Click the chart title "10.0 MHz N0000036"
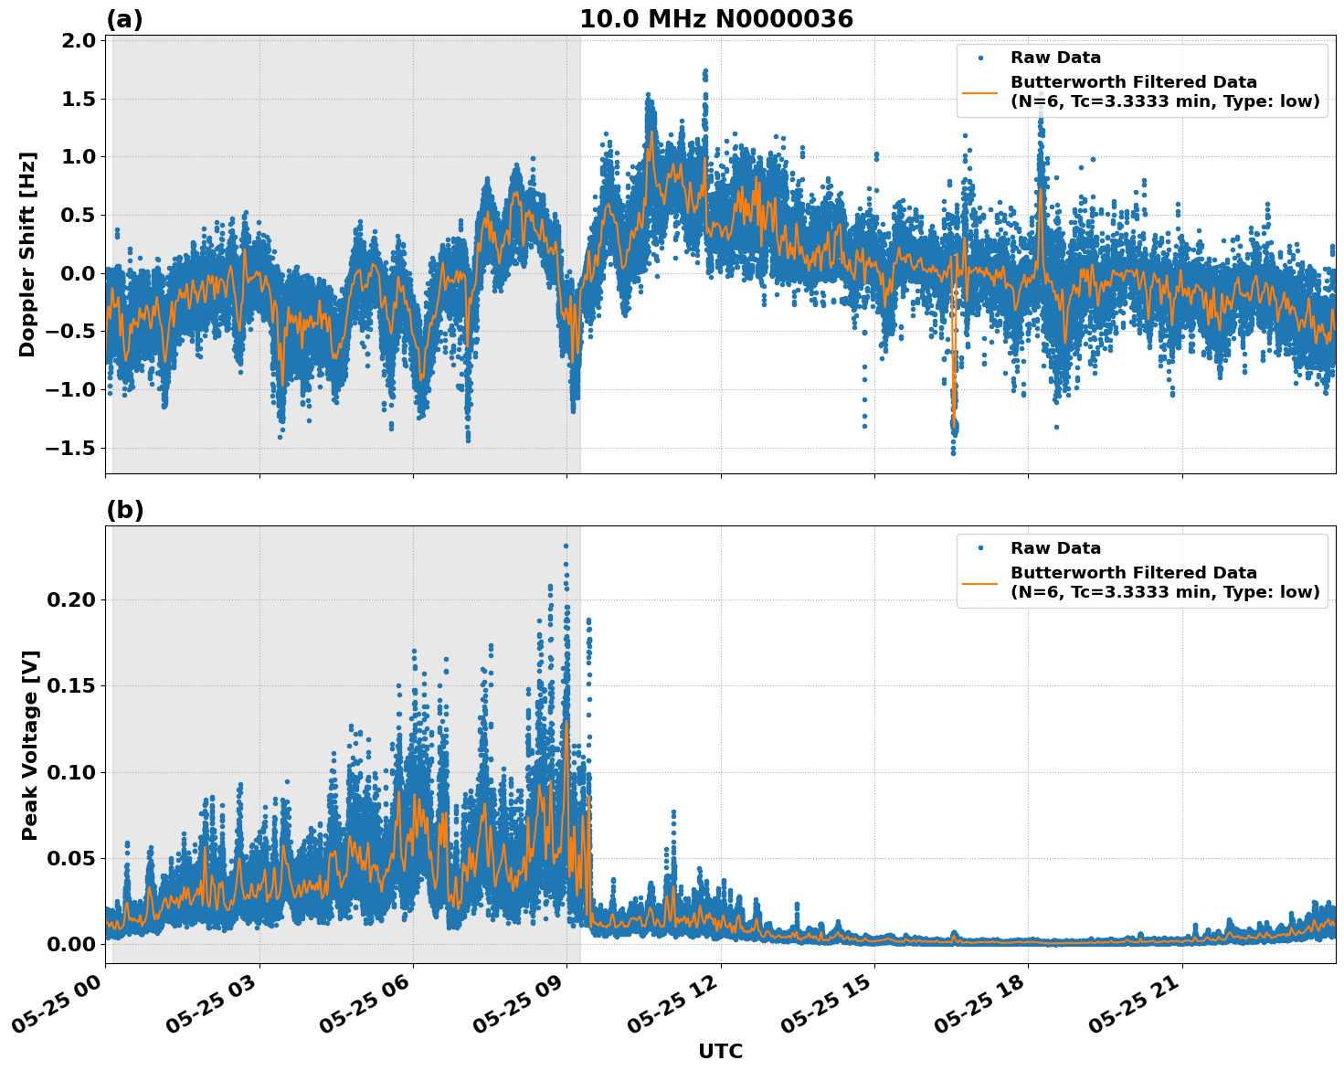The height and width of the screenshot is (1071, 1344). click(x=715, y=19)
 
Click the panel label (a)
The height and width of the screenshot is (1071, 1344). click(x=124, y=19)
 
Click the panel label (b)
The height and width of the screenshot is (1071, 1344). click(x=124, y=510)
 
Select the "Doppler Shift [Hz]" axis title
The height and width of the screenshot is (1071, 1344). click(x=27, y=254)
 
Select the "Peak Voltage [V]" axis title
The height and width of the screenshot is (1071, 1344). click(x=30, y=745)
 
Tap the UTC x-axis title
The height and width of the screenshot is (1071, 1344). click(x=720, y=1051)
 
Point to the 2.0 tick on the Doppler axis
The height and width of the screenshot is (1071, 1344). click(x=79, y=40)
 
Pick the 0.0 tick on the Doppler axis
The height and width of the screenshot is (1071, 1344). click(x=79, y=273)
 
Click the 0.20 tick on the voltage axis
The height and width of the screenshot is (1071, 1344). click(x=71, y=599)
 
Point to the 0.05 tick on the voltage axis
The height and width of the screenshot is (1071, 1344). click(x=71, y=858)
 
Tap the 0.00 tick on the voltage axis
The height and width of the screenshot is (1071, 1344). click(x=71, y=944)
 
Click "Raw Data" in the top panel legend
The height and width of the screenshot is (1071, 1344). click(x=1055, y=58)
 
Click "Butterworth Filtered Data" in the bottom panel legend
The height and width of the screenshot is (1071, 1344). click(x=1133, y=573)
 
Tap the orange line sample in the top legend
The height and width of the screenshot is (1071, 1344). click(x=979, y=92)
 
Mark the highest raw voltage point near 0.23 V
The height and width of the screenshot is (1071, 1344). click(x=566, y=546)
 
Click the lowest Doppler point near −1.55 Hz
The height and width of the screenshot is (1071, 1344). click(x=953, y=452)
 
